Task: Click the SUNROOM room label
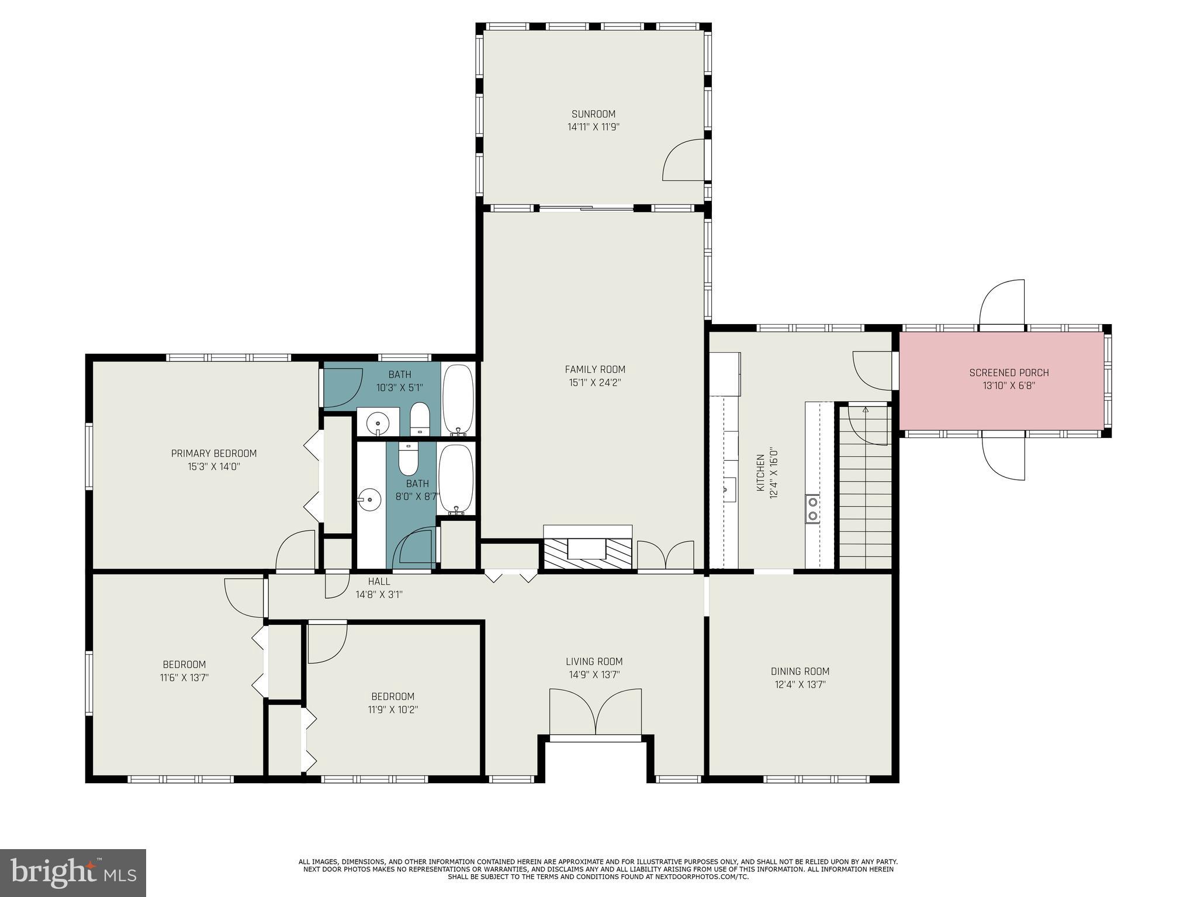tap(593, 114)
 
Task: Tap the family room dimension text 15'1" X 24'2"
tap(595, 383)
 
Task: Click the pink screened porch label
tap(1009, 373)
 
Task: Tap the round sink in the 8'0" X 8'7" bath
tap(369, 500)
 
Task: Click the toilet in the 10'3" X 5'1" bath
tap(420, 418)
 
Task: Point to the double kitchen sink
tap(812, 509)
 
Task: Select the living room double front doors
tap(596, 713)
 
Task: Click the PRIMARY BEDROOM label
tap(214, 453)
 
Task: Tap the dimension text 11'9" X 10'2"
tap(393, 710)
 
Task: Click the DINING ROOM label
tap(800, 672)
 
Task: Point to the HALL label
tap(379, 582)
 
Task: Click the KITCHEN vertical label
tap(760, 473)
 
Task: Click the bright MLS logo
tap(73, 872)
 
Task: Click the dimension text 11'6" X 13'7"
tap(185, 677)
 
